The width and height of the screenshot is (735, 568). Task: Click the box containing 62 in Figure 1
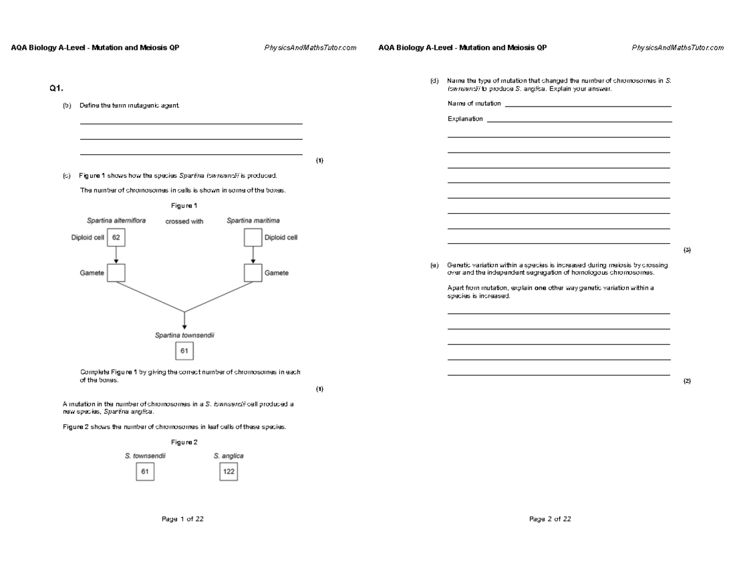(x=116, y=238)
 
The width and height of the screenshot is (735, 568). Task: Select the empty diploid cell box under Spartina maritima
(x=253, y=238)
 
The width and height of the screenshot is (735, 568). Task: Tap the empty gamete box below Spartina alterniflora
(x=116, y=273)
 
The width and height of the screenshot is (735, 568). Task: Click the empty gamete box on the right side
(x=253, y=273)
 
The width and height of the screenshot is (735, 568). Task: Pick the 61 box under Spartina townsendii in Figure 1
(x=184, y=350)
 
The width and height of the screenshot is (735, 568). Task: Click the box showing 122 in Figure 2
(x=228, y=472)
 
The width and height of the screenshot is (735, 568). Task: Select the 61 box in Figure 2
(x=145, y=472)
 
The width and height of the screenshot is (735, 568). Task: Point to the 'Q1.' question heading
(x=56, y=89)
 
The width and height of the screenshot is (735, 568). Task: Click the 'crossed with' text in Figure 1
(x=184, y=222)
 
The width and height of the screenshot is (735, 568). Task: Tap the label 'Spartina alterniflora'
(x=116, y=221)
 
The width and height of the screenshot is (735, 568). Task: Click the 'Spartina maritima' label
(x=253, y=221)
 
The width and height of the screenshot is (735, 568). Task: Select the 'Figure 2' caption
(x=184, y=442)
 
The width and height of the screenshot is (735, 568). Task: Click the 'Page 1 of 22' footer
(x=183, y=519)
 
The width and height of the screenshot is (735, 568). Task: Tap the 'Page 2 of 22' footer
(x=550, y=519)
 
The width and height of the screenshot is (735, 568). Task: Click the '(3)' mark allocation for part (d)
(x=687, y=250)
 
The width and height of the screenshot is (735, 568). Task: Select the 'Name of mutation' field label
(x=474, y=104)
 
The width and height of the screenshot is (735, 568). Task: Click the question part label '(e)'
(x=434, y=265)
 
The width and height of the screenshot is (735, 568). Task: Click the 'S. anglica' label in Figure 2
(x=228, y=456)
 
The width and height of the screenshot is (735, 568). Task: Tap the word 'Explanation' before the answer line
(x=465, y=119)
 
